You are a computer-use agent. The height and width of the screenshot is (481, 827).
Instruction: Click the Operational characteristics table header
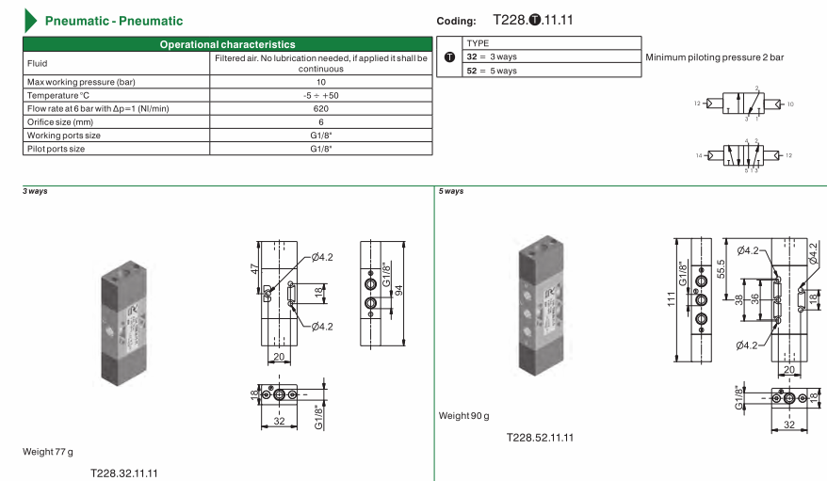[x=227, y=44]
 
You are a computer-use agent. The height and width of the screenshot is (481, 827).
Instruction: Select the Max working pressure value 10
[x=320, y=82]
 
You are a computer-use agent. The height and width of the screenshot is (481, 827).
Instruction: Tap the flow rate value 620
[x=320, y=108]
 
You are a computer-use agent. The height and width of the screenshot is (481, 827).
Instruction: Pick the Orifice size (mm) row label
[x=60, y=122]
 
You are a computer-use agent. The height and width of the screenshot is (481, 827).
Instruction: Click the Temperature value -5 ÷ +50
[x=320, y=95]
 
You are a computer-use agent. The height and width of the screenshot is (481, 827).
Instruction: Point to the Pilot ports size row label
[x=56, y=149]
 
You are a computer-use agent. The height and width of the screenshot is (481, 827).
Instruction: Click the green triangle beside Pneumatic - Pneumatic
[x=30, y=21]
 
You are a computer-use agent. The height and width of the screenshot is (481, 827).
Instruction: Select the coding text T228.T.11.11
[x=533, y=20]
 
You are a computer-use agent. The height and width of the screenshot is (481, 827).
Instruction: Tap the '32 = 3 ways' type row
[x=492, y=56]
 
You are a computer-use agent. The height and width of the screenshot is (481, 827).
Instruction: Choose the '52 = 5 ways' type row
[x=492, y=71]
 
